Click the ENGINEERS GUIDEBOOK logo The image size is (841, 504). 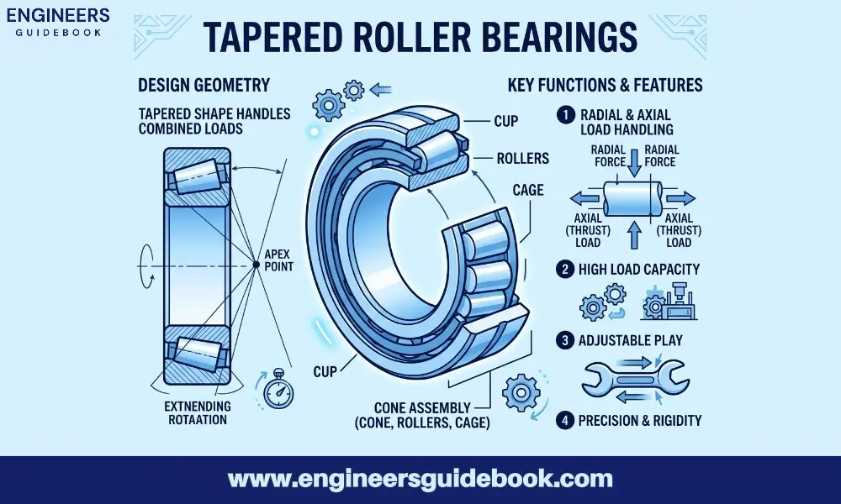[57, 23]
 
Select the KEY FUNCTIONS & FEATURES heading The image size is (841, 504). [606, 85]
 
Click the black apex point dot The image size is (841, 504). [255, 265]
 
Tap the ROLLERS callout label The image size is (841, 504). [522, 158]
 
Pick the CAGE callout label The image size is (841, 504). [527, 191]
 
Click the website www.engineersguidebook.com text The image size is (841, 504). [420, 480]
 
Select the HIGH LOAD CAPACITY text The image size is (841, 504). [639, 270]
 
